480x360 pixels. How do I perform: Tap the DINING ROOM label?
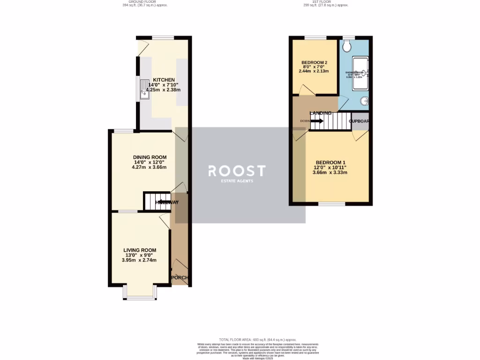point(150,157)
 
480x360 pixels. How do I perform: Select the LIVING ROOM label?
point(140,250)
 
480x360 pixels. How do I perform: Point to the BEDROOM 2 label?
point(314,63)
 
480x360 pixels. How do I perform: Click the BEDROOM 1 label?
point(330,162)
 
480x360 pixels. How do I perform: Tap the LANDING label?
point(321,113)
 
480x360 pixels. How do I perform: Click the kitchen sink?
point(144,90)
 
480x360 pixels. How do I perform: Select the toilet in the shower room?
point(347,46)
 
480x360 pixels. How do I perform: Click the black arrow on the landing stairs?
point(316,121)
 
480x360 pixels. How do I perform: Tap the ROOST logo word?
point(237,171)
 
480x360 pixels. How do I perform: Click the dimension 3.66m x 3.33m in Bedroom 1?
point(330,172)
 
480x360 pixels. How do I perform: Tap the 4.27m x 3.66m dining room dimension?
point(150,167)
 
